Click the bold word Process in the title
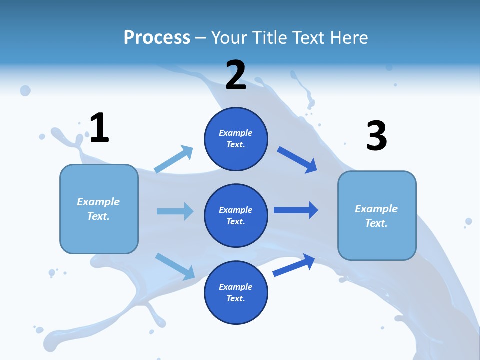(157, 37)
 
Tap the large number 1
(99, 128)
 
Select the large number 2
(236, 75)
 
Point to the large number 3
(376, 136)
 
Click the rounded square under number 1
(99, 209)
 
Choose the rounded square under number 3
(377, 216)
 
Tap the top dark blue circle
(236, 139)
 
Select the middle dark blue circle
(236, 216)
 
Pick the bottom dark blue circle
(236, 293)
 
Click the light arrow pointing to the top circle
(174, 159)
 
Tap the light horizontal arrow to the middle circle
(175, 211)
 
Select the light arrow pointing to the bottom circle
(175, 266)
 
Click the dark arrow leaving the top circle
(297, 160)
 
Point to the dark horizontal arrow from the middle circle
(296, 210)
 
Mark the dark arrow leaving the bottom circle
(294, 265)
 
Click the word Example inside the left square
(98, 202)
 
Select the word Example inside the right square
(376, 209)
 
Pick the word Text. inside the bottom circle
(236, 298)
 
